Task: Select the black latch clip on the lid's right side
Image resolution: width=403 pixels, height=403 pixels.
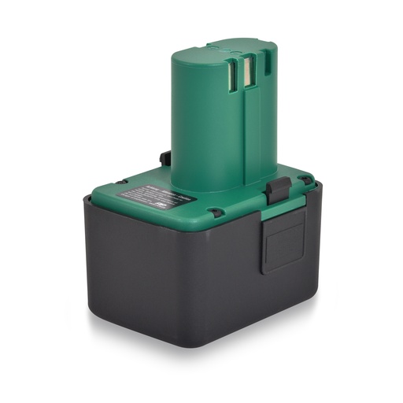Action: [276, 189]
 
